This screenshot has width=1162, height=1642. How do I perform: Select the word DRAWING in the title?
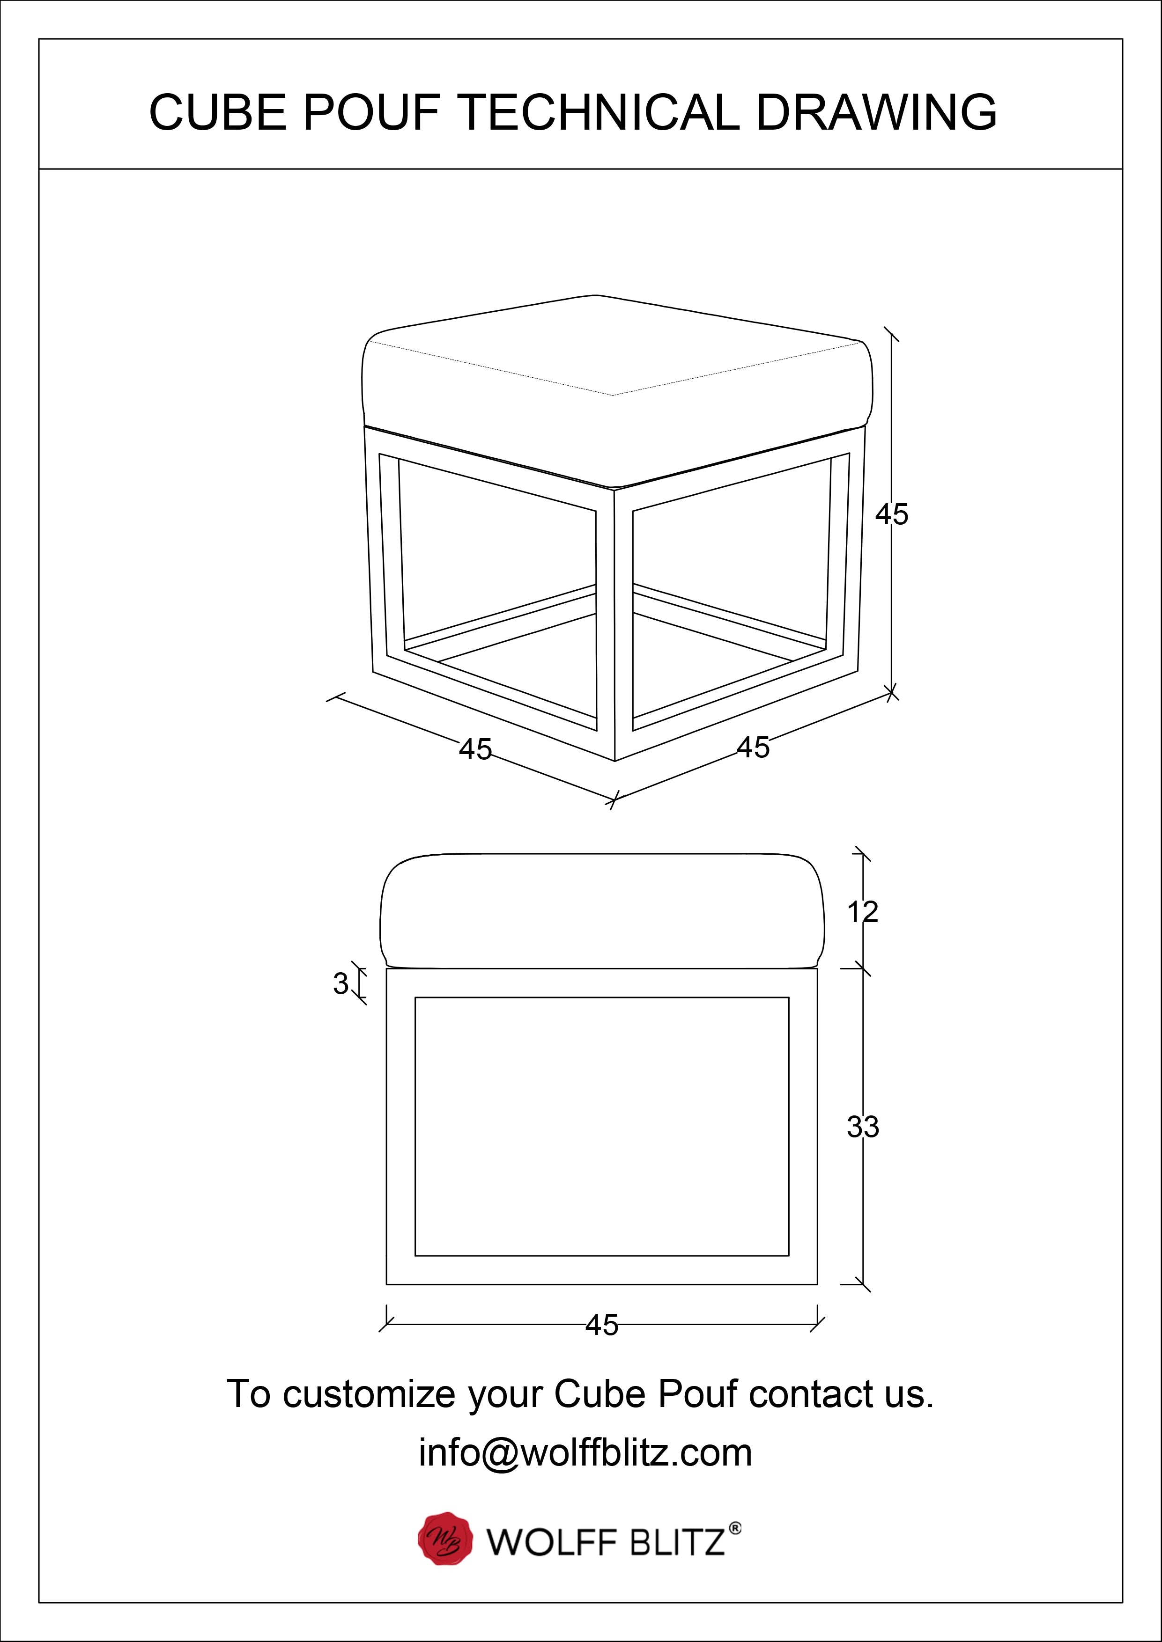[876, 112]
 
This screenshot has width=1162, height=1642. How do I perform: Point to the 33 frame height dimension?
[863, 1127]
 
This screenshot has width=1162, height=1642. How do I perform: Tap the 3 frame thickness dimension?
[340, 984]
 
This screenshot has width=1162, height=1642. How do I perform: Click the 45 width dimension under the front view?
[602, 1326]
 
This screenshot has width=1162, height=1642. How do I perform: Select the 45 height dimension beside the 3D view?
[892, 515]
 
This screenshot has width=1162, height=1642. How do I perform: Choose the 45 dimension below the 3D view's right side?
[754, 748]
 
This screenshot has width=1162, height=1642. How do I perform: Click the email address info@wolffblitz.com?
[585, 1452]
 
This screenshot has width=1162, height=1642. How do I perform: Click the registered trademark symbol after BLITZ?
[735, 1528]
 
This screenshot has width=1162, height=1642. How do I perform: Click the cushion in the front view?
[602, 909]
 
